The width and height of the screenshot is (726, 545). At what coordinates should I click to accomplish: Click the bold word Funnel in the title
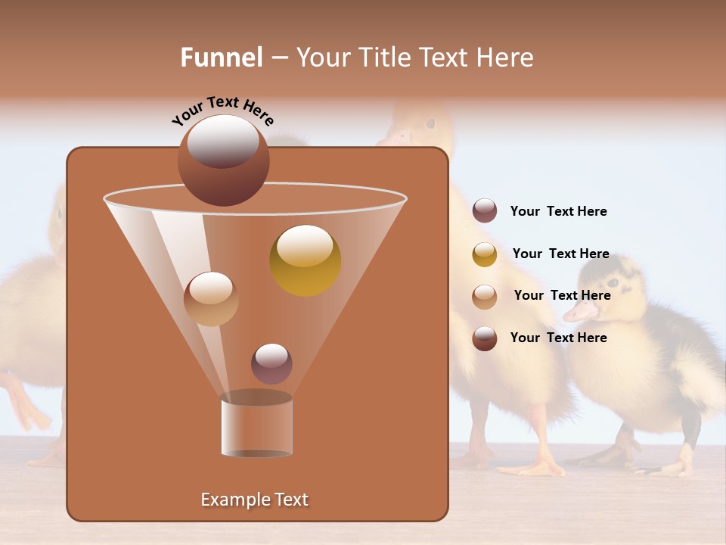tap(222, 58)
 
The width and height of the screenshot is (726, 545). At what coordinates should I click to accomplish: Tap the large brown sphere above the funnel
tap(223, 160)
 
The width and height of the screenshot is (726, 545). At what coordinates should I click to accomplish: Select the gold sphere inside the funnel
tap(306, 260)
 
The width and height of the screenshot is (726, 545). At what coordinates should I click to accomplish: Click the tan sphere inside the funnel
tap(211, 299)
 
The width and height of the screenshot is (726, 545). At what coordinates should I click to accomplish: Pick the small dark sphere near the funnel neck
tap(271, 363)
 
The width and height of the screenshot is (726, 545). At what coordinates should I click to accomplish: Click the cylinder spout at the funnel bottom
tap(257, 425)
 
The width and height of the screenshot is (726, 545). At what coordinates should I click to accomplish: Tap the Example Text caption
tap(255, 500)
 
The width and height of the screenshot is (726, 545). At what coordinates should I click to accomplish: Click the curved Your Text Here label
tap(223, 111)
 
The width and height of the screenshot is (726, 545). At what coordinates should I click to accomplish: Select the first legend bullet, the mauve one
tap(485, 211)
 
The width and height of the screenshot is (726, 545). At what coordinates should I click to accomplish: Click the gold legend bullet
tap(485, 254)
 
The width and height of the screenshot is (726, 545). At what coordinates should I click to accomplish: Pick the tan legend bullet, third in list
tap(485, 297)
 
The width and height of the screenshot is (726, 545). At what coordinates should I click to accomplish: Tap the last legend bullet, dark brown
tap(485, 338)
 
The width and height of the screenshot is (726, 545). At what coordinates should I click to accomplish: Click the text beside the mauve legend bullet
tap(558, 212)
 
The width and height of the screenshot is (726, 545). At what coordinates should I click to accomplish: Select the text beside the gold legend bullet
tap(560, 254)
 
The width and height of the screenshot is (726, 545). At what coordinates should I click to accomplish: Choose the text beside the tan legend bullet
tap(562, 296)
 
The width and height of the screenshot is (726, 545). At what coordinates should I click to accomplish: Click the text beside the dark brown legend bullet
tap(558, 338)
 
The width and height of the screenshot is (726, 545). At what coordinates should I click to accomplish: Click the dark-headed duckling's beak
tap(581, 310)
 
